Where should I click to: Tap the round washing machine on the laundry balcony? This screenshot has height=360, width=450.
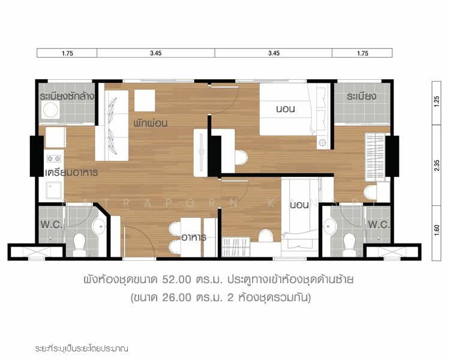[x=50, y=110]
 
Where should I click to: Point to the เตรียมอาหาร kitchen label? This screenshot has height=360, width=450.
[x=71, y=172]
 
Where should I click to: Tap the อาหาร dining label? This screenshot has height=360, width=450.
[x=194, y=238]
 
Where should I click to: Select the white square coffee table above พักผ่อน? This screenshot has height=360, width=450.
[x=145, y=100]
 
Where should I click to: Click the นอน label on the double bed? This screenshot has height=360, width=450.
[x=284, y=109]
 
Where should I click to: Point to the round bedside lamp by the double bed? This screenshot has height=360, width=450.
[x=323, y=143]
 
